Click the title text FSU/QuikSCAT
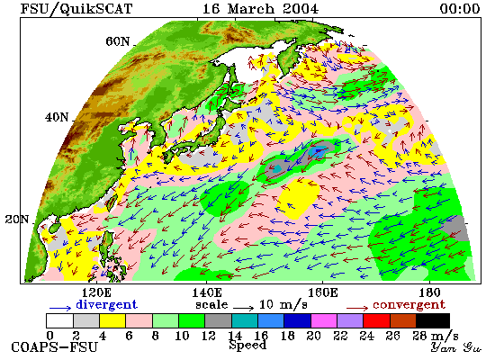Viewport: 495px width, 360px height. click(76, 9)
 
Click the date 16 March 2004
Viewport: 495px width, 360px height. click(260, 8)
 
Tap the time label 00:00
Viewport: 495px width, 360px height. click(460, 8)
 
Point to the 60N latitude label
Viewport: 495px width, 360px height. click(117, 41)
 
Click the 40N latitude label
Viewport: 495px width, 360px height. click(57, 117)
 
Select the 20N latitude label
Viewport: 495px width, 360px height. click(17, 219)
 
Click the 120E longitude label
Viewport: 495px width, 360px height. click(96, 292)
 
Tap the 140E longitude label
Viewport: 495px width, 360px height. click(207, 292)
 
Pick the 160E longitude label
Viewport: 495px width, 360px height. click(322, 292)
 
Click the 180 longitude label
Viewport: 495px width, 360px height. click(429, 292)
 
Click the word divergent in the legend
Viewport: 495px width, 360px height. click(107, 305)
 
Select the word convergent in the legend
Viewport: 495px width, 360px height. click(409, 305)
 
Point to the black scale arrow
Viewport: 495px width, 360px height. click(244, 308)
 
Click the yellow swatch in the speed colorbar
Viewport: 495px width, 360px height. click(112, 320)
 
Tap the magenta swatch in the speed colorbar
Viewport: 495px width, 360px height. click(324, 320)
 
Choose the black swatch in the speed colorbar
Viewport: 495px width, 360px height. click(433, 320)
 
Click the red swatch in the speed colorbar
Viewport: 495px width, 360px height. click(376, 320)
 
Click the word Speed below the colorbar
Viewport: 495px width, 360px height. click(247, 346)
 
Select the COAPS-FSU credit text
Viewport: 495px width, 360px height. click(55, 347)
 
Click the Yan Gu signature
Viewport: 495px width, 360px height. click(456, 347)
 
